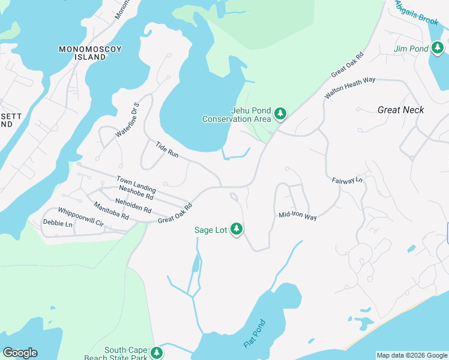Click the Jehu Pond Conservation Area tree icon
280,113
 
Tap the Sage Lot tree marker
237,229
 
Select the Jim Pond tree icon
438,47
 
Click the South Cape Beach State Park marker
157,353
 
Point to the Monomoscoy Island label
82,52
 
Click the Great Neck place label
401,110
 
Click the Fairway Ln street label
348,180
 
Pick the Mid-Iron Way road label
297,217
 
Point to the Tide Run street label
167,149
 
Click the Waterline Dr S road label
127,119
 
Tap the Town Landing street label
136,184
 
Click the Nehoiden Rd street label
134,204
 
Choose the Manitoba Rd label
111,210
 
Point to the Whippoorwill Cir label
81,217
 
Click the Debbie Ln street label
58,224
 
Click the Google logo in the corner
20,353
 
